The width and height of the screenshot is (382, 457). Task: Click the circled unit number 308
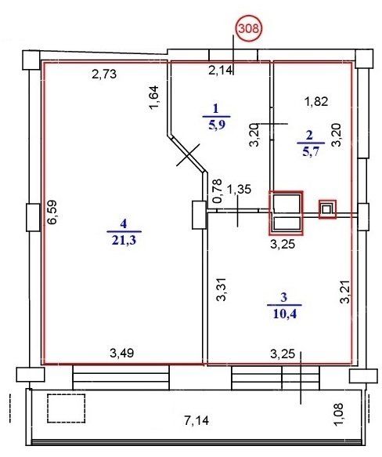click(249, 28)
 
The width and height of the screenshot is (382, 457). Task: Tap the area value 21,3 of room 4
click(124, 241)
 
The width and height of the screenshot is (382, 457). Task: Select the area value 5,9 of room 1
click(216, 125)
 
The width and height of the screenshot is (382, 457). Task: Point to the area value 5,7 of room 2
click(311, 151)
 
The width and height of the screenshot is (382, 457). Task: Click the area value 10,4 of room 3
click(284, 314)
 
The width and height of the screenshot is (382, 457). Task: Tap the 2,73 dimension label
click(104, 74)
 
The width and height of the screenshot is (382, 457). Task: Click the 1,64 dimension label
click(153, 97)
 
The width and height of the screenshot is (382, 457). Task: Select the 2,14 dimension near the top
click(221, 70)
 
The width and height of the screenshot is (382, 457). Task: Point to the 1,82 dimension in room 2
click(316, 101)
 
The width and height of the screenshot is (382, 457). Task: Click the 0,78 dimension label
click(218, 191)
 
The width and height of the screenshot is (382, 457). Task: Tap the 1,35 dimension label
click(239, 190)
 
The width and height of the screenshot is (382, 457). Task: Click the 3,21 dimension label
click(346, 292)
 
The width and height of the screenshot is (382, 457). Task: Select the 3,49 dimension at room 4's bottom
click(121, 353)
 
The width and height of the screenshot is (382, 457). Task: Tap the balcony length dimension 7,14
click(196, 421)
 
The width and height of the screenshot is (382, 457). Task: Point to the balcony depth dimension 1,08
click(339, 415)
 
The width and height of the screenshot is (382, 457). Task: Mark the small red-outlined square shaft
click(327, 209)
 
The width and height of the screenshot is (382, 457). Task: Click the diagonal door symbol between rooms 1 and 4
click(188, 155)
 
